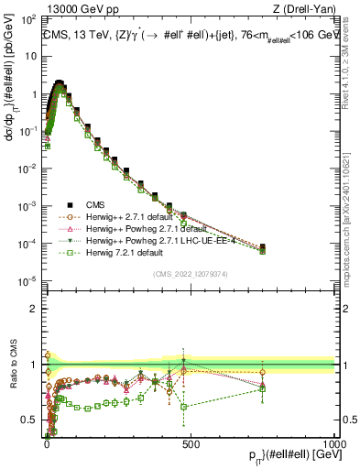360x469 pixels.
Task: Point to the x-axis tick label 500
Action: tap(191, 442)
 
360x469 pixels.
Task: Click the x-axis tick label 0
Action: tap(47, 442)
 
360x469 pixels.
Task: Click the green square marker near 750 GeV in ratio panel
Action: tap(262, 388)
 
